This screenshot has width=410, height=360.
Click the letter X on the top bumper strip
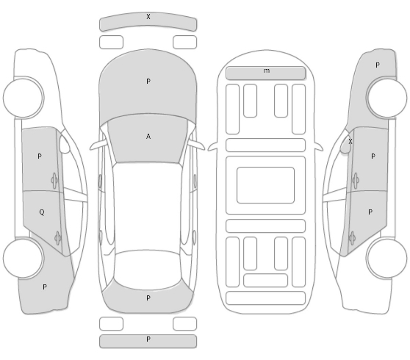(x=148, y=17)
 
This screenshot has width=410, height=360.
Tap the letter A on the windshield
(x=148, y=136)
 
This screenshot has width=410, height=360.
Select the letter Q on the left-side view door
(x=42, y=212)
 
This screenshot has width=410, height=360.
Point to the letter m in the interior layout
(x=267, y=71)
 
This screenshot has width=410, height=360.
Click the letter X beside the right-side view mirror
(x=350, y=142)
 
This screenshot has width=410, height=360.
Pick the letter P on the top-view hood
(x=148, y=82)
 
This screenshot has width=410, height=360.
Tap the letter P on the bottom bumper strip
(x=148, y=339)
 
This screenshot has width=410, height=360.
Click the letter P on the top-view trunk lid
(x=148, y=298)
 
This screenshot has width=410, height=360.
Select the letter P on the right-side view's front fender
(x=378, y=65)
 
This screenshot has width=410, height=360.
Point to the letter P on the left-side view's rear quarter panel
(x=45, y=287)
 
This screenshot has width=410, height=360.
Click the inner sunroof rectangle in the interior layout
(x=266, y=185)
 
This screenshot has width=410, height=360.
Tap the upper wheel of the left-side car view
(x=24, y=98)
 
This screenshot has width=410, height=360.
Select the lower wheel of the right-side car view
(x=386, y=258)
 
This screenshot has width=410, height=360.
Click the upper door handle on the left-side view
(x=54, y=181)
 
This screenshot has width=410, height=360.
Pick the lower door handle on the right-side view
(x=352, y=238)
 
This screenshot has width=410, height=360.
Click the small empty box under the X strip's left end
(x=111, y=43)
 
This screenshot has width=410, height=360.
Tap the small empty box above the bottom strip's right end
(x=184, y=324)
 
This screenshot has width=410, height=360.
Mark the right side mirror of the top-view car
(x=197, y=145)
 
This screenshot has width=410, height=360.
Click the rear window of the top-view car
(x=148, y=270)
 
